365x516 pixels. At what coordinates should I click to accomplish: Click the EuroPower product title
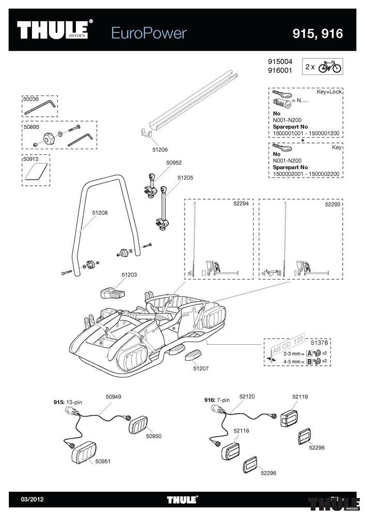pos(149,33)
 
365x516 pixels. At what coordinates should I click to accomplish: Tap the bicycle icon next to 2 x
pos(330,67)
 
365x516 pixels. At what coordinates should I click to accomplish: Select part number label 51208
pos(100,213)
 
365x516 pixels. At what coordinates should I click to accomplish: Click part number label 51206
pos(160,150)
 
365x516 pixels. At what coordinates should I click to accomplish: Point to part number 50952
pos(174,163)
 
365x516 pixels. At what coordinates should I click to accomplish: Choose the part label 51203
pos(129,275)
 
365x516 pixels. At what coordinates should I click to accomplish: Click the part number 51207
pos(201,368)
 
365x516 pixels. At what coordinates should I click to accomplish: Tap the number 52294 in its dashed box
pos(241,204)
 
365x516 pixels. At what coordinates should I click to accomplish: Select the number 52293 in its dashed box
pos(332,204)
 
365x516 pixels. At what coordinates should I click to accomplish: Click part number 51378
pos(319,343)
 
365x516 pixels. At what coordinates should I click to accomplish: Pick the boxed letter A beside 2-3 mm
pos(309,353)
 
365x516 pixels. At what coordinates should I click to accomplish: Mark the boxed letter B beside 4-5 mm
pos(309,362)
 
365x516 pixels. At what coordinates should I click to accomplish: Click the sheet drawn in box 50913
pos(36,172)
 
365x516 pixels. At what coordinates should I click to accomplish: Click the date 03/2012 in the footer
pos(32,499)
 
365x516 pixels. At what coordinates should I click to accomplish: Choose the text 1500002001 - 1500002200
pos(306,174)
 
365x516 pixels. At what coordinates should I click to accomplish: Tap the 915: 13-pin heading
pos(68,402)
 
